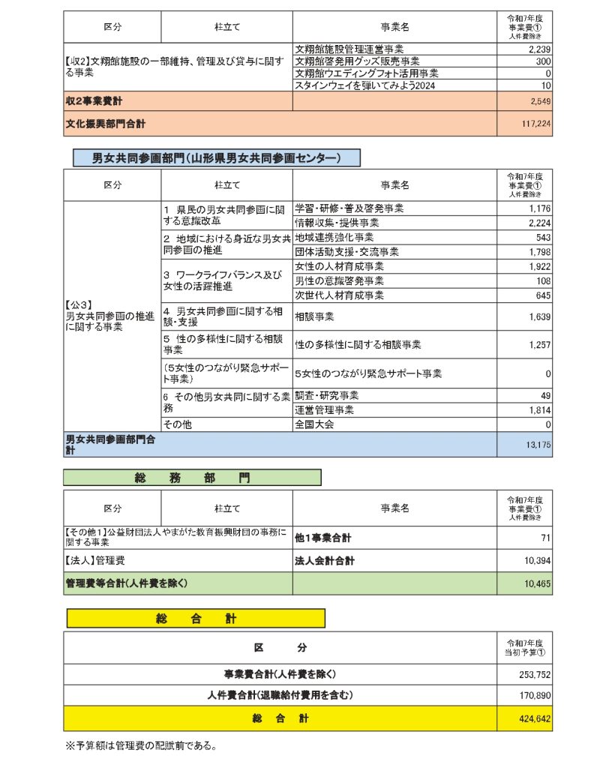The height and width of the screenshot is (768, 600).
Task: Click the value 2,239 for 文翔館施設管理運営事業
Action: coord(539,49)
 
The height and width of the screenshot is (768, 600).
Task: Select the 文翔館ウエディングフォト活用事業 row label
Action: coord(367,73)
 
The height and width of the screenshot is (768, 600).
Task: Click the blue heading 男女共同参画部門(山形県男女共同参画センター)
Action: coord(216,157)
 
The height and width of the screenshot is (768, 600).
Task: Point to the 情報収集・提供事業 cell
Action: coord(337,223)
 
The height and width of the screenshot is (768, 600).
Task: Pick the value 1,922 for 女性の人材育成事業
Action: coord(539,266)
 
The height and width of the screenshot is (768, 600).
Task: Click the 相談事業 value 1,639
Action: coord(539,316)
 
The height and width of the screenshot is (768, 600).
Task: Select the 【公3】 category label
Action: coord(78,306)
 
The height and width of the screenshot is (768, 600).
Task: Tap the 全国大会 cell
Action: coord(315,424)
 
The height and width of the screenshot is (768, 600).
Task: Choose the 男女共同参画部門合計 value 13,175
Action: coord(537,445)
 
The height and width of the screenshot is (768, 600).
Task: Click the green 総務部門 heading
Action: coord(192,478)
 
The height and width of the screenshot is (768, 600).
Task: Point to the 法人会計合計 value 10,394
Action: coord(536,560)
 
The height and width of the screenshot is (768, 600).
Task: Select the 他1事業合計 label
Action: coord(323,538)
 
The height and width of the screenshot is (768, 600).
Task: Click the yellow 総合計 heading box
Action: coord(196,618)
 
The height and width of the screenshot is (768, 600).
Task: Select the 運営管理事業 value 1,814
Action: coord(539,410)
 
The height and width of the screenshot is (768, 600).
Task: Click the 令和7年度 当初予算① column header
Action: coord(524,647)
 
